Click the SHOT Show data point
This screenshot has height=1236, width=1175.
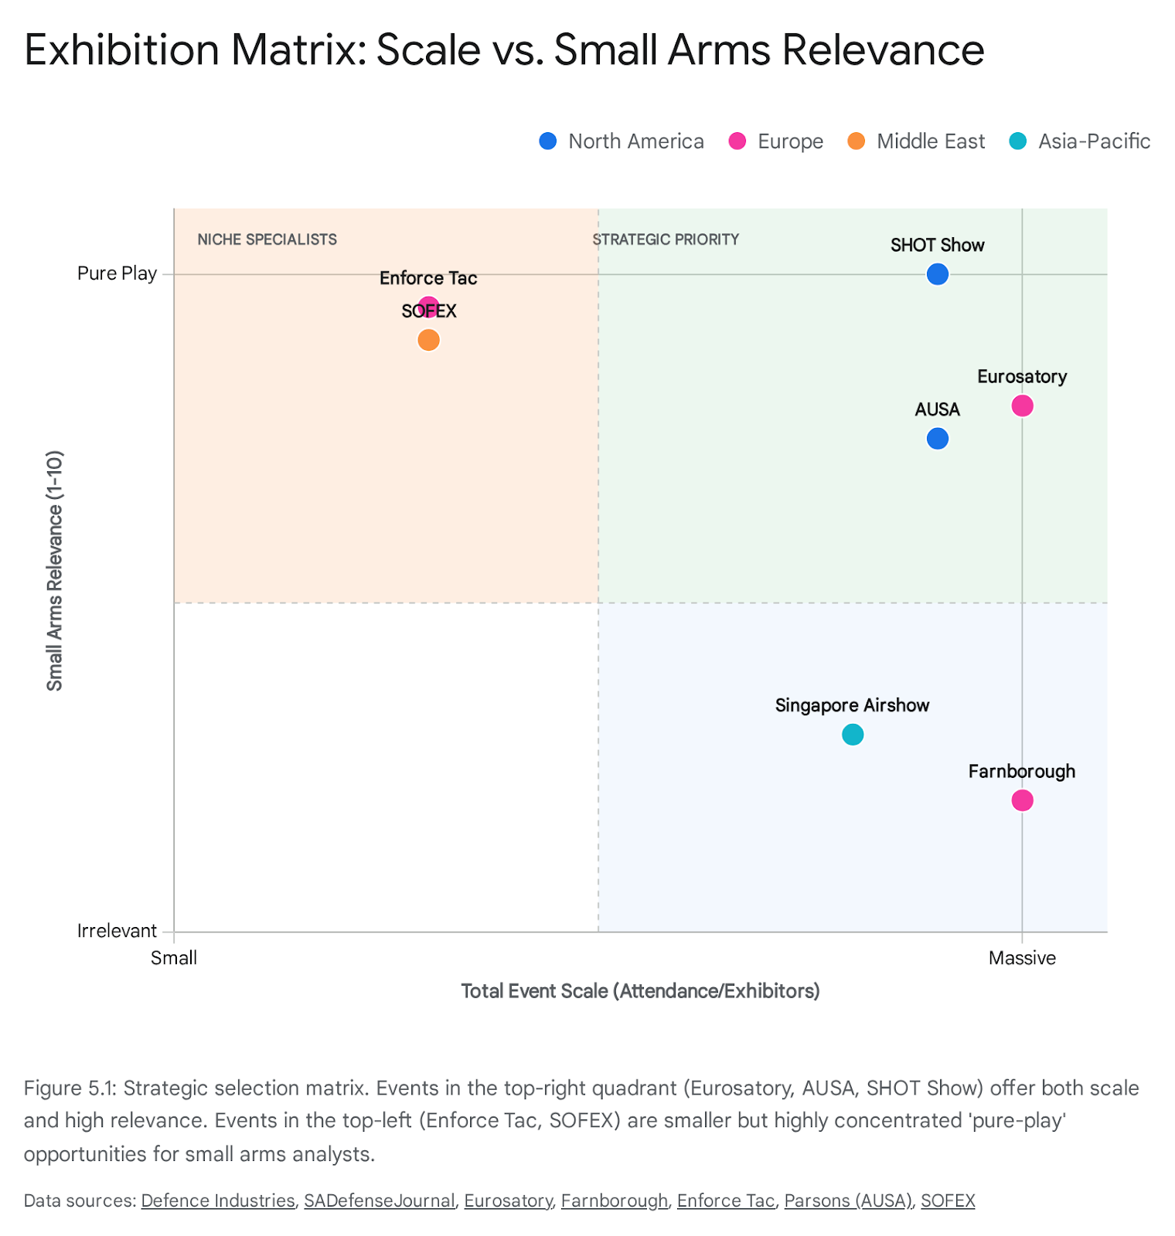coord(937,274)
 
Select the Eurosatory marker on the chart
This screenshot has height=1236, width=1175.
coord(1022,406)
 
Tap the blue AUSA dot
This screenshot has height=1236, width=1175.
coord(937,439)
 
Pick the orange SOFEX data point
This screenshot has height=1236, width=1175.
coord(428,340)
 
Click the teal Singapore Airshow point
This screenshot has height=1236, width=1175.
coord(852,735)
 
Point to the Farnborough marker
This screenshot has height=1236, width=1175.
coord(1022,800)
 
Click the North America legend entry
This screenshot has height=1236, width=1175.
coord(622,141)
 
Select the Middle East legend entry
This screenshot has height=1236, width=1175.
coord(917,141)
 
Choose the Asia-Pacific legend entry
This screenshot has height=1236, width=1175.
coord(1080,141)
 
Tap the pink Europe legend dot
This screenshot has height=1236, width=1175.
coord(737,141)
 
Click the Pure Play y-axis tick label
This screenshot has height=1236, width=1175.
coord(117,273)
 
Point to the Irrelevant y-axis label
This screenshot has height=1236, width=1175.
coord(117,931)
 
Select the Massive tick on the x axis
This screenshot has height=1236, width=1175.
coord(1022,958)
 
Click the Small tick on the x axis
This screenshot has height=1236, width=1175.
coord(174,958)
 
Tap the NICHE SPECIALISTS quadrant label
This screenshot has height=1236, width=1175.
coord(267,239)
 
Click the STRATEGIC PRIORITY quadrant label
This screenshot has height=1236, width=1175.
coord(666,239)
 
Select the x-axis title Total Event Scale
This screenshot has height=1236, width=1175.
coord(640,991)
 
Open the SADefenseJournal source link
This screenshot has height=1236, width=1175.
coord(379,1200)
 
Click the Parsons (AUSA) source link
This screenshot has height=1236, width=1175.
coord(848,1200)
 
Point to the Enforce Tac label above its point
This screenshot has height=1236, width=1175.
coord(428,278)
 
